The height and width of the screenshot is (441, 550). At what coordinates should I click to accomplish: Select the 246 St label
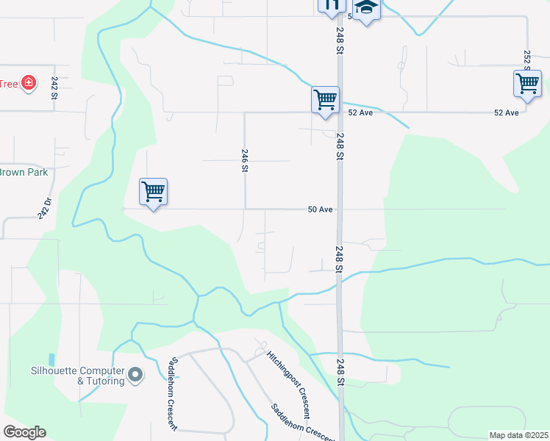click(x=245, y=159)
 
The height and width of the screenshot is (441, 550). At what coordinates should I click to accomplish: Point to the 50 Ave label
click(x=321, y=209)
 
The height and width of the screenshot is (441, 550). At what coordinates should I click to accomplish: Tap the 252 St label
click(x=527, y=57)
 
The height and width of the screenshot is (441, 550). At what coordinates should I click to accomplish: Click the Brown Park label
click(x=24, y=173)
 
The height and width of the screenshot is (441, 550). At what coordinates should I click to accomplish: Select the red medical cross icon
click(x=29, y=83)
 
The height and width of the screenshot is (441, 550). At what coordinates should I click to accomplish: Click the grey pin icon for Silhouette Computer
click(x=135, y=376)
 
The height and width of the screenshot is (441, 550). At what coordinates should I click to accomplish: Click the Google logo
click(x=24, y=432)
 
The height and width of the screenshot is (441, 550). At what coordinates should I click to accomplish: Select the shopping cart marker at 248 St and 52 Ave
click(x=325, y=99)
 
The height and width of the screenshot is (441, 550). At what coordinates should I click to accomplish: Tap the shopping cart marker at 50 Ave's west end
click(x=153, y=192)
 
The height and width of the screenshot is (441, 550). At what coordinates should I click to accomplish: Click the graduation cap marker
click(x=365, y=9)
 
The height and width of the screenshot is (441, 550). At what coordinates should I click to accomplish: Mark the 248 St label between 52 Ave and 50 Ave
click(x=340, y=146)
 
